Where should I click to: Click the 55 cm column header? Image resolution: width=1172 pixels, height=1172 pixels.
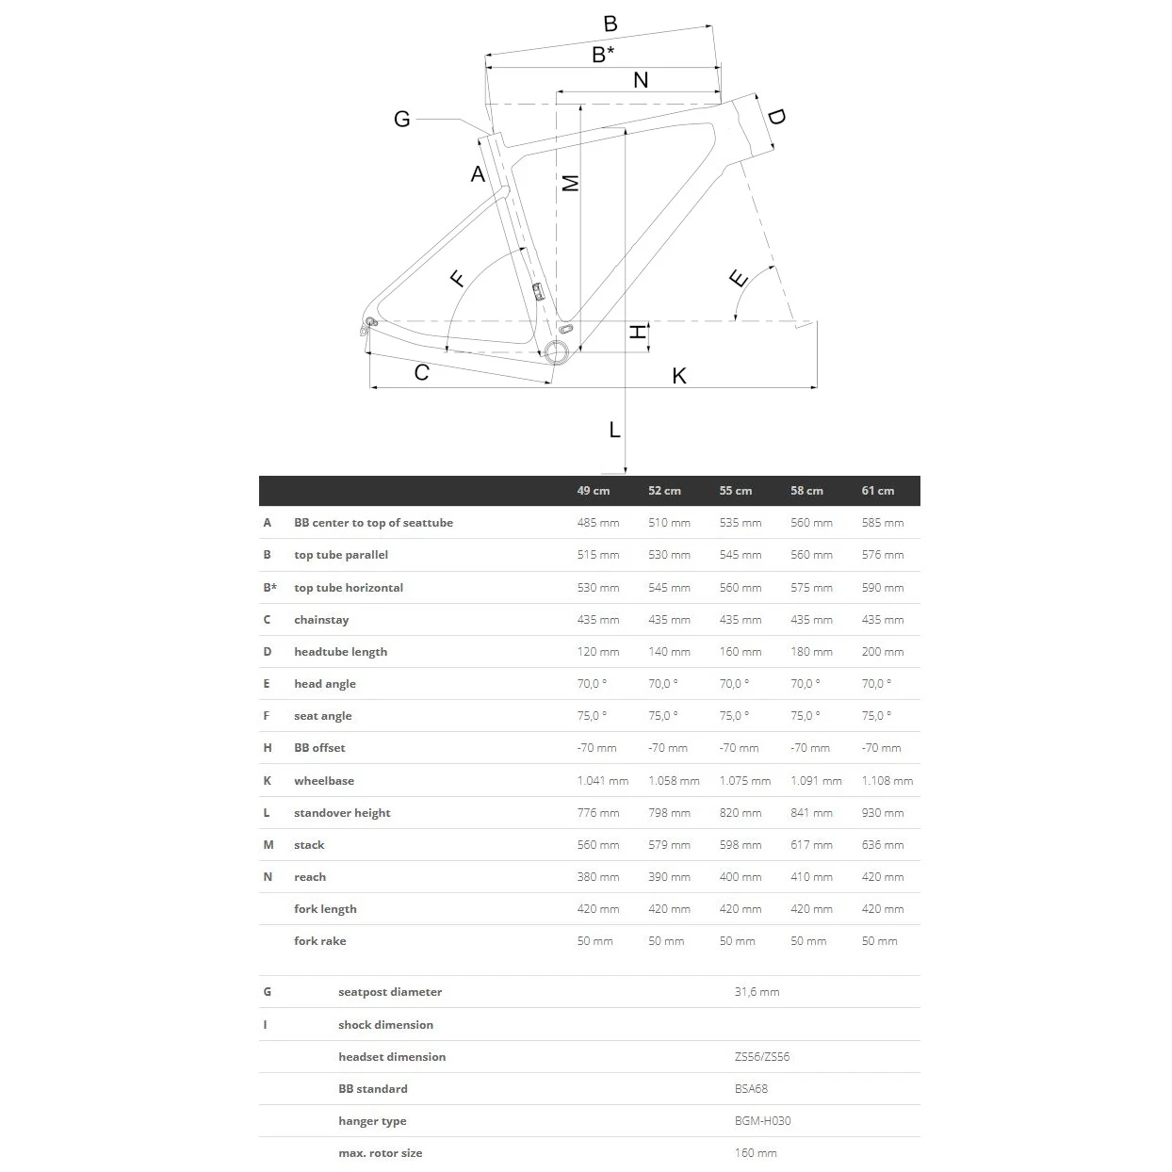coord(735,491)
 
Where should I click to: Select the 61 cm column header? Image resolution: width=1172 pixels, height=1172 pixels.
coord(877,491)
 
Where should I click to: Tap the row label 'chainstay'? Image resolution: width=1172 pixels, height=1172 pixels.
coord(321,620)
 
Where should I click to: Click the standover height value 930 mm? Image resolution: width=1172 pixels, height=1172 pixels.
coord(882,813)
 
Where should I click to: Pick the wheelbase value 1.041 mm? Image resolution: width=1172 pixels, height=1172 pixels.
coord(602,781)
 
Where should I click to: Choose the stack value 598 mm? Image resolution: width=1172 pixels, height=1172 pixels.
coord(741,845)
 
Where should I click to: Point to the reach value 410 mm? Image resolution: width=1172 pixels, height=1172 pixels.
coord(811,877)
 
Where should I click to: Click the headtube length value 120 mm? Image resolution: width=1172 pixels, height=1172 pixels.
coord(597,652)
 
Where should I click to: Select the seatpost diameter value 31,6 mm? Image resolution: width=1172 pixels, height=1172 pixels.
coord(757,992)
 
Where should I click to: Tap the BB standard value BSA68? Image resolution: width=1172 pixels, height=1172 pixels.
coord(751,1089)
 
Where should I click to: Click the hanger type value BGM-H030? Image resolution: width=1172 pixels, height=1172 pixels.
coord(762,1121)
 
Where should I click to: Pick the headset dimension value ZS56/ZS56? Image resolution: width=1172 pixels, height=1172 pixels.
coord(761,1057)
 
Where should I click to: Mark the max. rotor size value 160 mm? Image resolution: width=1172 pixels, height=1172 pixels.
coord(756,1153)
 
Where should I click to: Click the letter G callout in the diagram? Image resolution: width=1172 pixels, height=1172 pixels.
coord(402,120)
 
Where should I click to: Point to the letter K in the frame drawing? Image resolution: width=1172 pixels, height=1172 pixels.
coord(679,376)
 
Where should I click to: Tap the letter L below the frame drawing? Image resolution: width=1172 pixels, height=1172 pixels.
coord(614,431)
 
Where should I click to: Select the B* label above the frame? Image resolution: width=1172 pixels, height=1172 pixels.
coord(603,55)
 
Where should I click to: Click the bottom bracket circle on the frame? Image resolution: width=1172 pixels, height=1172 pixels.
coord(556,351)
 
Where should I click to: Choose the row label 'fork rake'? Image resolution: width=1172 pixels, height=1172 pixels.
coord(319,941)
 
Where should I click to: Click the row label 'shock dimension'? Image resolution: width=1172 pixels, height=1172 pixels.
coord(385,1025)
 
